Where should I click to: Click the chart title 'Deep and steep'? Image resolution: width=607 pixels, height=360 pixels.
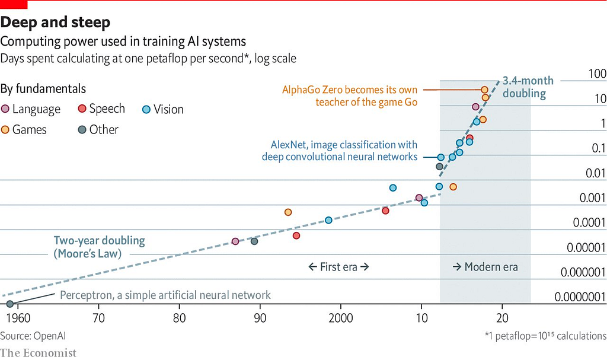[55, 23]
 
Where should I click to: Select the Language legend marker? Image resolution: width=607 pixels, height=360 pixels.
[5, 109]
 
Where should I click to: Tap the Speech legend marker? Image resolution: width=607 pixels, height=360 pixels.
[82, 109]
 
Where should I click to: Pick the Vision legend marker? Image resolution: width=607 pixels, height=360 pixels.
[146, 110]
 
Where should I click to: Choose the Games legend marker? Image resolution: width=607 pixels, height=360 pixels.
[5, 129]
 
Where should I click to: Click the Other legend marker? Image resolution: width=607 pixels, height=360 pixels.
[82, 129]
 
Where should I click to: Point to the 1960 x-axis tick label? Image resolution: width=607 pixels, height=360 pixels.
[18, 318]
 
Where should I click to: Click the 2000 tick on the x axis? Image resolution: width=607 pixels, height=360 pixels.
[341, 318]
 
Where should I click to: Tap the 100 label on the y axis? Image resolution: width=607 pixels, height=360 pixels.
[597, 74]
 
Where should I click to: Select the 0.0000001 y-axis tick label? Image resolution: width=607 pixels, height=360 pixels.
[580, 297]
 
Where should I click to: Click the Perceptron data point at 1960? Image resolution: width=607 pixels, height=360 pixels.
[10, 304]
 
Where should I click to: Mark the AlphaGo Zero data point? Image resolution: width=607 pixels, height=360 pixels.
[484, 90]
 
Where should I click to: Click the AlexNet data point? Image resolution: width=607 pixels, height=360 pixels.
[440, 157]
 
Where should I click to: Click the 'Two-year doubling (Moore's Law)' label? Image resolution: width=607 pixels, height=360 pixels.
[99, 247]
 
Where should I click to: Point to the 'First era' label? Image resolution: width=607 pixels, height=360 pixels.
[338, 267]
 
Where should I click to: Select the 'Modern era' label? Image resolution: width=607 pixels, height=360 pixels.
[485, 267]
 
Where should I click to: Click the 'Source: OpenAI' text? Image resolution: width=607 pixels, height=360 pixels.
[33, 336]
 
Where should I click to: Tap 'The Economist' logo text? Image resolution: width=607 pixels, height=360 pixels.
[39, 353]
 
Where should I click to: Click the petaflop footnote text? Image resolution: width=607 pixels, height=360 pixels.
[545, 336]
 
